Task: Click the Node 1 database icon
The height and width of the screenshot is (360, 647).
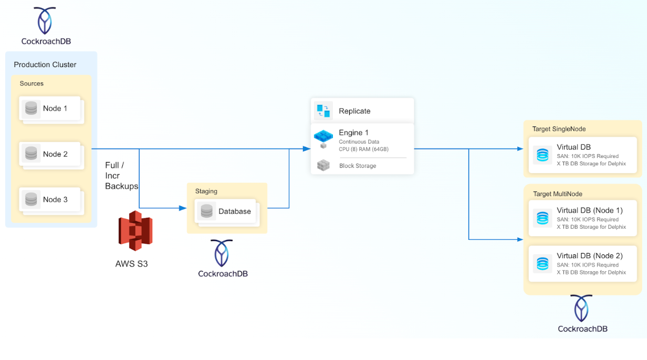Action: (31, 109)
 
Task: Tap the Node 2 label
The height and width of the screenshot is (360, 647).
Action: (55, 154)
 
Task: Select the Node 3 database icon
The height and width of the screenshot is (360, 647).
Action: (31, 199)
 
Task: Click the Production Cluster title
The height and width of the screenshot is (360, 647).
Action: (45, 65)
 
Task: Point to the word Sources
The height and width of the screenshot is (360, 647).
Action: (32, 83)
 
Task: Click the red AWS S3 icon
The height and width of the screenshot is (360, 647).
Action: (135, 231)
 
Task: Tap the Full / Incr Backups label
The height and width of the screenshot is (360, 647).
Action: (121, 176)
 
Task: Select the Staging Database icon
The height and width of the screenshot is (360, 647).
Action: (207, 211)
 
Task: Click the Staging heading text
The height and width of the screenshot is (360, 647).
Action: (206, 192)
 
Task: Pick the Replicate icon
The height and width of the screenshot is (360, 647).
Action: (323, 111)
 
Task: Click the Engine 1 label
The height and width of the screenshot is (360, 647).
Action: (353, 133)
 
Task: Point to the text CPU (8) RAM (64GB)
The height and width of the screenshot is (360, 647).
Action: (363, 150)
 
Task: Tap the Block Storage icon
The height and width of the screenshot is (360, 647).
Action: (323, 166)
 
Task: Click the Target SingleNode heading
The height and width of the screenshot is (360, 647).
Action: (559, 129)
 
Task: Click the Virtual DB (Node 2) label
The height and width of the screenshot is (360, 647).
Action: (590, 256)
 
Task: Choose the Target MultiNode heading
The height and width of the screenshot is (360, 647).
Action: (558, 194)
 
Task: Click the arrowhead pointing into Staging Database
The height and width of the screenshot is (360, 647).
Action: (183, 208)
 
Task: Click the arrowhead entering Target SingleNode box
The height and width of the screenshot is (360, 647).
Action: (520, 149)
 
